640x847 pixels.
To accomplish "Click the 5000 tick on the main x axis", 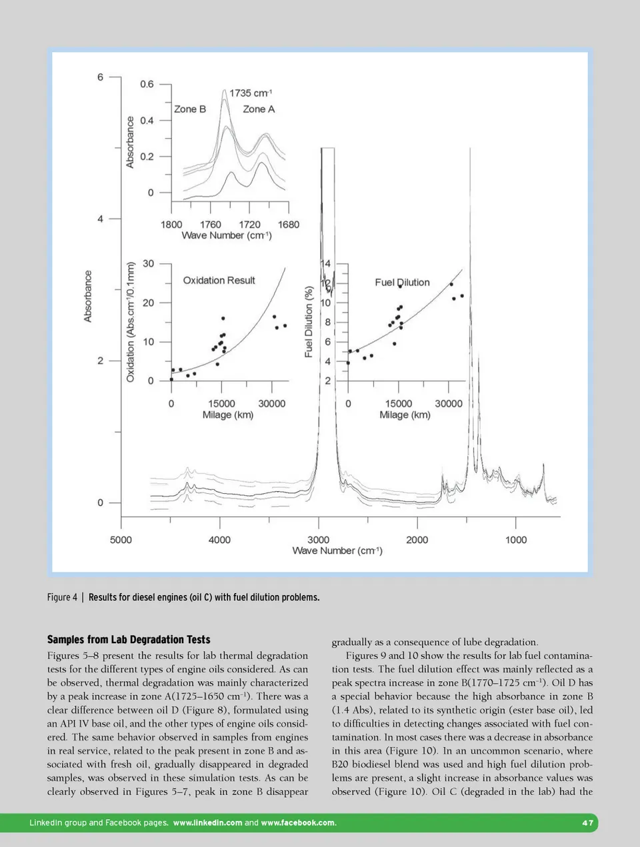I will [x=121, y=540].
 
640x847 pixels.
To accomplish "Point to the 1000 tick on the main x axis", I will [x=516, y=540].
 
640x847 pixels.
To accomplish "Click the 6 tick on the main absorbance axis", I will [x=101, y=77].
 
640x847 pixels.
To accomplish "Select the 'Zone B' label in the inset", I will [x=190, y=109].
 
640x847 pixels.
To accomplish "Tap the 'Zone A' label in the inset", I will [x=259, y=109].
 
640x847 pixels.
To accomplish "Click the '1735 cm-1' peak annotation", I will [x=251, y=93].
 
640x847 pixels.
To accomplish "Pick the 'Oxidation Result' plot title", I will [x=219, y=281].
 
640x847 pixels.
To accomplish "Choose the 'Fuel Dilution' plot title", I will [x=402, y=283].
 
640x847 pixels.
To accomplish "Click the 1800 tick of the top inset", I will [x=171, y=225].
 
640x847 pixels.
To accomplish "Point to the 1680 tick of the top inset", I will [x=289, y=225].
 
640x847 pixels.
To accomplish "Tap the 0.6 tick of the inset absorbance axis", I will [x=147, y=84].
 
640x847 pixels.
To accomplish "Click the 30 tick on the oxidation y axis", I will [x=148, y=263].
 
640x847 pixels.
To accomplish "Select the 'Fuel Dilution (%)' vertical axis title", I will [x=309, y=322].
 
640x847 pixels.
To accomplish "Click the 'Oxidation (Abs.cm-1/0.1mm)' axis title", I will [x=131, y=322].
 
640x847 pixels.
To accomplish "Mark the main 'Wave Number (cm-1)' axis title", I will [x=337, y=550].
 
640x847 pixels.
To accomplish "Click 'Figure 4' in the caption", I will [x=62, y=597].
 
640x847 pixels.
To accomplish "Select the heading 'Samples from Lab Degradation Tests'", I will [x=129, y=640].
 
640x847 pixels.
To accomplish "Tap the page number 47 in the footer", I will [x=587, y=823].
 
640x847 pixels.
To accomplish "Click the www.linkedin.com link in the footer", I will [x=207, y=823].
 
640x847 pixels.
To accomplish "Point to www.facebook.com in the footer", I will [x=299, y=823].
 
